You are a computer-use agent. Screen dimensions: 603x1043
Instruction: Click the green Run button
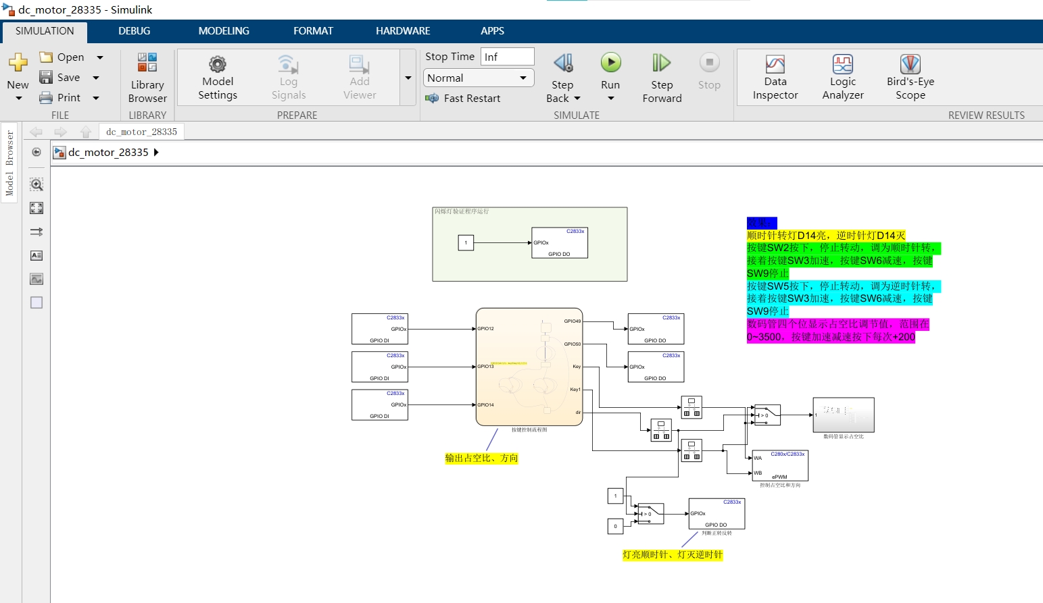pos(610,63)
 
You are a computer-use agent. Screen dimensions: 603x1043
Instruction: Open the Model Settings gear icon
pos(217,65)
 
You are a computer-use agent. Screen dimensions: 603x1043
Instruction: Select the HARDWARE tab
pos(403,31)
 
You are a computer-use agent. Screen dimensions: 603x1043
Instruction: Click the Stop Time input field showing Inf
pos(507,57)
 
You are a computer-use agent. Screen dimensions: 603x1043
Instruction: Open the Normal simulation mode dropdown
pos(479,78)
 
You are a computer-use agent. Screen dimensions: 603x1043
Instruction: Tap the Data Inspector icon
pos(775,65)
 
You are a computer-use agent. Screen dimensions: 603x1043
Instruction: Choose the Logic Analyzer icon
pos(843,65)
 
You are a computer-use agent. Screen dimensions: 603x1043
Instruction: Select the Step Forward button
pos(662,63)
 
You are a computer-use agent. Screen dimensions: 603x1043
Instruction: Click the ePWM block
pos(780,465)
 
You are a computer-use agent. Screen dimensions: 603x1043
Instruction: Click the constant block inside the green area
pos(466,242)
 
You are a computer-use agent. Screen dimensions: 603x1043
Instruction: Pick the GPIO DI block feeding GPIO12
pos(379,329)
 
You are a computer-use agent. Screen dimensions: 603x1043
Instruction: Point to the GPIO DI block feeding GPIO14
pos(379,404)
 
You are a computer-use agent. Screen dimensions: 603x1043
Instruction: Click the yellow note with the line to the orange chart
pos(481,458)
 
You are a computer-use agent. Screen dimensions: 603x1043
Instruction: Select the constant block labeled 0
pos(615,526)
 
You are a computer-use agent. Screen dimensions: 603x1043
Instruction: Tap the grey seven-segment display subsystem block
pos(843,415)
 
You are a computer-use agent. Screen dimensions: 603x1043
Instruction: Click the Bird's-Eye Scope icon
pos(910,65)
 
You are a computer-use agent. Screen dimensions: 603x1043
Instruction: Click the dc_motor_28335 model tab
pos(141,132)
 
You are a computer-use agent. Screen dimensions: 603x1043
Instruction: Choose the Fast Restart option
pos(472,99)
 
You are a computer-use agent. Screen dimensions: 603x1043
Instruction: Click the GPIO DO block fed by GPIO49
pos(656,329)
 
